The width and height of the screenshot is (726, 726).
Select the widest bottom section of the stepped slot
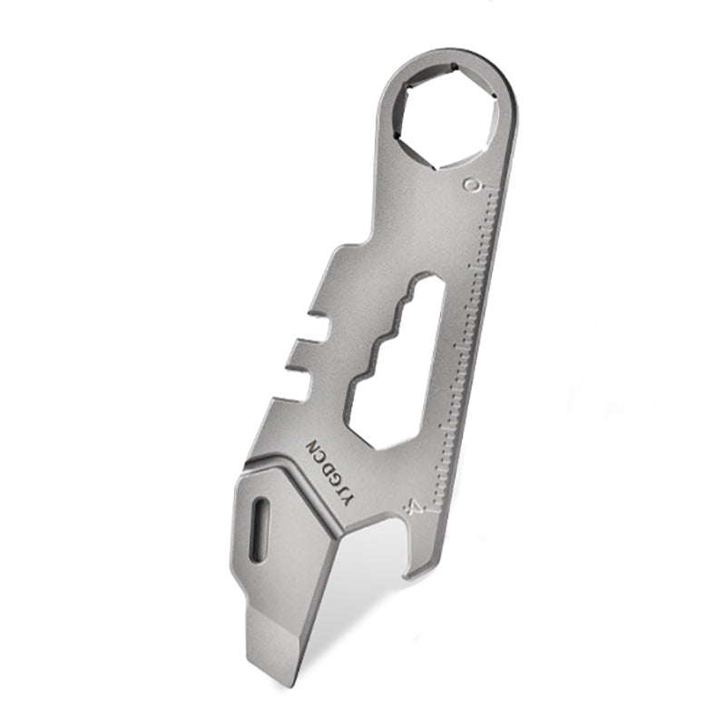point(381,408)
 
